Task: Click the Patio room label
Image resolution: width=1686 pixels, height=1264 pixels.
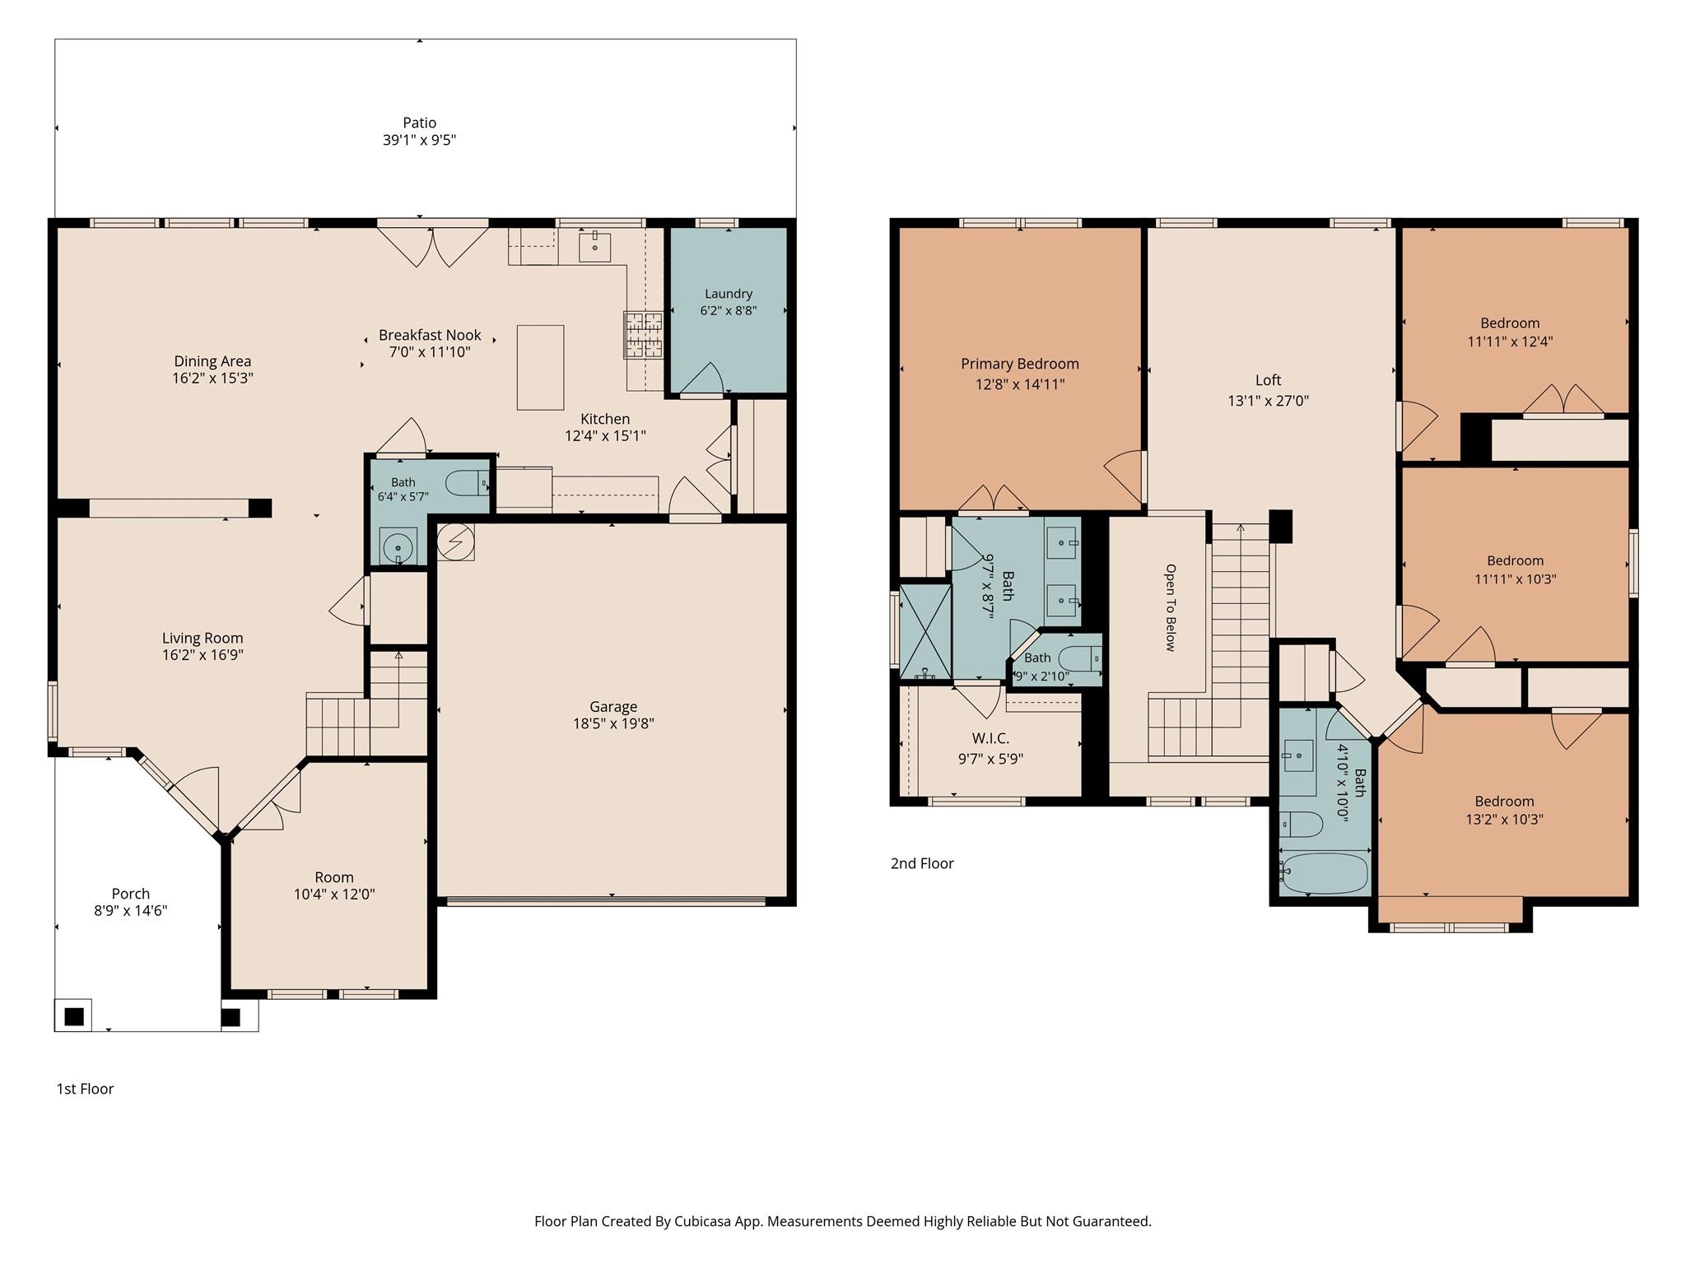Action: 419,123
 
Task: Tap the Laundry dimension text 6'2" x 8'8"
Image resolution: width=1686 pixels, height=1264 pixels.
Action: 729,310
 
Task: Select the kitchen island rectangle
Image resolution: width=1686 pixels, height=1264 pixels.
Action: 540,367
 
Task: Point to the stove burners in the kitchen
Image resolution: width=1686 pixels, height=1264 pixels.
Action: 643,335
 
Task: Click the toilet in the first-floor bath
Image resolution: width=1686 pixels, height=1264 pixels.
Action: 468,482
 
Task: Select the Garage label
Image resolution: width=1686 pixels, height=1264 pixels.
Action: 613,706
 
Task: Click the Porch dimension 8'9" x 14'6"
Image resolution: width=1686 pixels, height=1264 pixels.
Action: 131,910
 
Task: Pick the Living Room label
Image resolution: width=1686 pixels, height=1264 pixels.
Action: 203,638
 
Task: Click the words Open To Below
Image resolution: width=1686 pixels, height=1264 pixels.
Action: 1171,607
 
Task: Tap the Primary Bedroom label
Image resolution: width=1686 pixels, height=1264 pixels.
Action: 1020,364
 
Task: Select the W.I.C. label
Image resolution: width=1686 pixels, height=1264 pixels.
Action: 990,738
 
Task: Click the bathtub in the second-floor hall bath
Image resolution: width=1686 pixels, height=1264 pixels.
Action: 1325,873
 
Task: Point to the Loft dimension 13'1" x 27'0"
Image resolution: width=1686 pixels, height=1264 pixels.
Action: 1268,401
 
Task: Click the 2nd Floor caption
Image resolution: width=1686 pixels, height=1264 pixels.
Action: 922,863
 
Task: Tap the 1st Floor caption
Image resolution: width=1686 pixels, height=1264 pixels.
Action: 85,1089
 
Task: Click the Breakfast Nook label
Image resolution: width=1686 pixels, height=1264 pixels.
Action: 430,335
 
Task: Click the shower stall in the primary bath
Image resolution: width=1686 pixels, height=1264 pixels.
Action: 925,632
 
